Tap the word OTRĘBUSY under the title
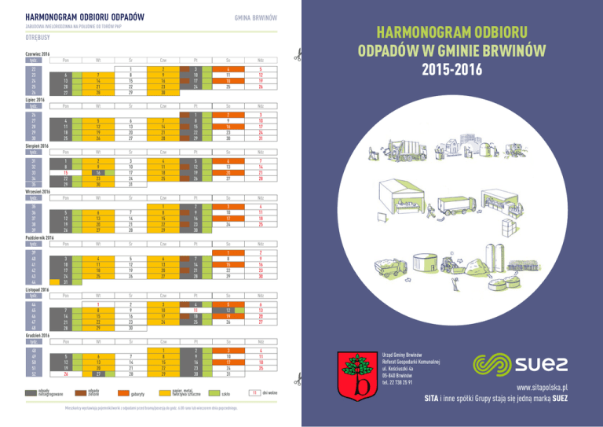pos(39,36)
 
